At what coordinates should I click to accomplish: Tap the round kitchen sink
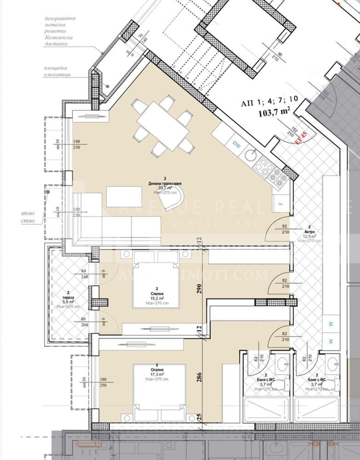pos(251,155)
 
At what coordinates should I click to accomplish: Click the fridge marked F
pos(280,203)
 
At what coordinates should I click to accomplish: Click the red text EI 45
pos(301,138)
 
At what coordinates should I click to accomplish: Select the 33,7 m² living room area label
pos(163,188)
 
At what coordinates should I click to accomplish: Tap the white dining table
pos(163,125)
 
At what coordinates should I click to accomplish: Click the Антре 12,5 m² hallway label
pos(311,234)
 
